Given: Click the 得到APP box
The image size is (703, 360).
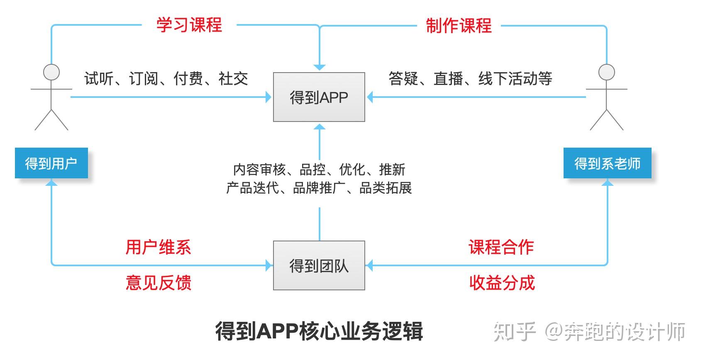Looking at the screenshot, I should click(x=319, y=97).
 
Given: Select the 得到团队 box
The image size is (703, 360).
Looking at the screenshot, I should click(x=319, y=265).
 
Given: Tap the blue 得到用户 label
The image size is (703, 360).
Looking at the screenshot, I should click(x=51, y=163).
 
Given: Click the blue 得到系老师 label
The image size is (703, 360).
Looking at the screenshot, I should click(x=607, y=163).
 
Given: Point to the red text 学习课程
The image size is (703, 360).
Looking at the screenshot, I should click(x=189, y=25).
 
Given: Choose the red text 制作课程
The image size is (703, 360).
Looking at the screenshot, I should click(x=459, y=26).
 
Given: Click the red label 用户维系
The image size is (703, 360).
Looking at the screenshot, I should click(x=158, y=247).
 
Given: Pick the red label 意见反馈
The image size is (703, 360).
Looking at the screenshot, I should click(x=158, y=282).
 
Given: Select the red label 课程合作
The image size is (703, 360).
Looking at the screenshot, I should click(x=501, y=247).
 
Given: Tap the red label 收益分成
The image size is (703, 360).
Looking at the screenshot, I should click(x=502, y=282).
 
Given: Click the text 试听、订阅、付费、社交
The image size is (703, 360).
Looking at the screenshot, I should click(x=166, y=78).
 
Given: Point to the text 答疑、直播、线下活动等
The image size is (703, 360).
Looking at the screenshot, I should click(x=470, y=78).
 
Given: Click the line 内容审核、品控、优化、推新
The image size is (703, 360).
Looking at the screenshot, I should click(x=319, y=169).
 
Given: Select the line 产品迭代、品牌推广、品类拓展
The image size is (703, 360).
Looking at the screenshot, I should click(x=319, y=188).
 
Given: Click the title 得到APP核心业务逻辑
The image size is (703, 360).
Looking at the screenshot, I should click(x=319, y=331).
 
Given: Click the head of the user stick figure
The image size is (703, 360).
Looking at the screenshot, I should click(x=51, y=72).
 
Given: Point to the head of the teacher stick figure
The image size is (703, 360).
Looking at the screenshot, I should click(x=606, y=72).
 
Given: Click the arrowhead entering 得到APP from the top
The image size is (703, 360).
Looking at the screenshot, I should click(x=319, y=67).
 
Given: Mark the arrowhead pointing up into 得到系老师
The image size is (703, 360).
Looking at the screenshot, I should click(x=607, y=182).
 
